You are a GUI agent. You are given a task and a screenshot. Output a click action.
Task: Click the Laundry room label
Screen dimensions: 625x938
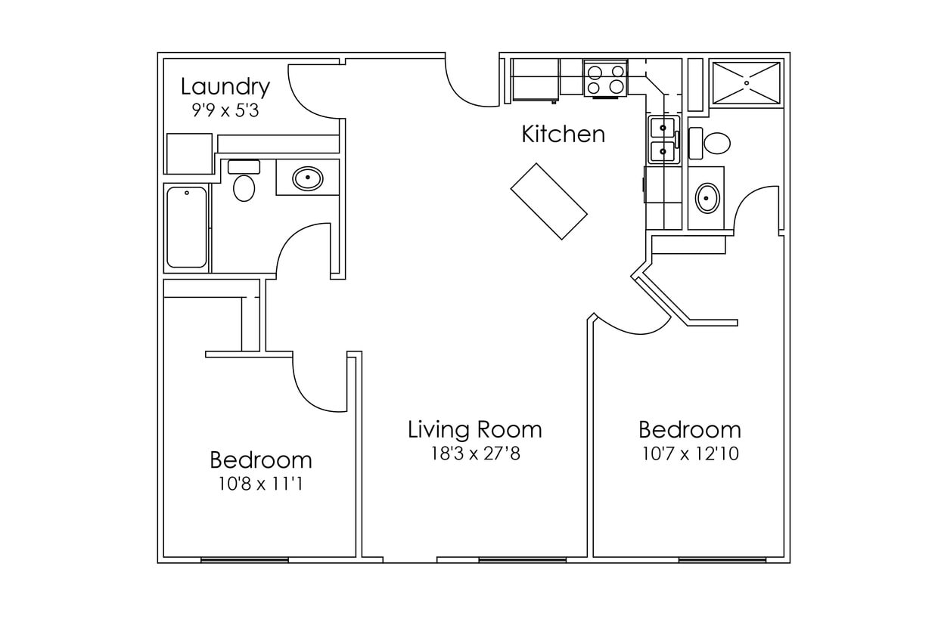click(x=225, y=87)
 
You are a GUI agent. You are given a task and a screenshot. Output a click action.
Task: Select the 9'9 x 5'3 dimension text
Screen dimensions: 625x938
click(x=225, y=110)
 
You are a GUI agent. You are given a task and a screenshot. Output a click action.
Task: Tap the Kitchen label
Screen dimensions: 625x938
click(x=564, y=135)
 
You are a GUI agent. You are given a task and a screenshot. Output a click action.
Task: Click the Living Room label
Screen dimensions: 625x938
click(x=474, y=430)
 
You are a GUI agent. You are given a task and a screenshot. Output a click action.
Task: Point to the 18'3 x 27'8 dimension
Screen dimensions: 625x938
click(x=474, y=454)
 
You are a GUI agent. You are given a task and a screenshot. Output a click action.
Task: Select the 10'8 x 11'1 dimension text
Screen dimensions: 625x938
click(x=260, y=484)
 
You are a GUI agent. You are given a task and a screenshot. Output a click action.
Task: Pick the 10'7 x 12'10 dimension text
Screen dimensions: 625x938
click(x=689, y=454)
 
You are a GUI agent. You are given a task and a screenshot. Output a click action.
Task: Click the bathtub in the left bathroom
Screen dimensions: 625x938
click(x=186, y=227)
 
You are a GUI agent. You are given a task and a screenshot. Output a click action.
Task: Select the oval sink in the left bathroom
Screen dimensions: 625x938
click(x=307, y=179)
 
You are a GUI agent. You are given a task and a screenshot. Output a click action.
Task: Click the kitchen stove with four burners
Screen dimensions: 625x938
click(x=606, y=78)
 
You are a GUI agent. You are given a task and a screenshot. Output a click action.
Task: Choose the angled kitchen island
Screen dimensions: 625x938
click(x=549, y=201)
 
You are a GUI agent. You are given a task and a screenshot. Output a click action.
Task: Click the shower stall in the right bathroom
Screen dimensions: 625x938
click(x=746, y=82)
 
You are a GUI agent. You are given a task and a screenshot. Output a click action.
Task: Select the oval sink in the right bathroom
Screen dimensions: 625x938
click(x=707, y=198)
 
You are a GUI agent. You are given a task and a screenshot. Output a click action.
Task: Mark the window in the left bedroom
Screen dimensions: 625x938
click(x=244, y=560)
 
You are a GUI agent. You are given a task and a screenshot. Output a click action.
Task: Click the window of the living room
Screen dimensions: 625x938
click(x=523, y=560)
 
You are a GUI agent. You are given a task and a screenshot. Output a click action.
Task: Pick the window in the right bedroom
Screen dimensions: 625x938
click(x=722, y=560)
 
